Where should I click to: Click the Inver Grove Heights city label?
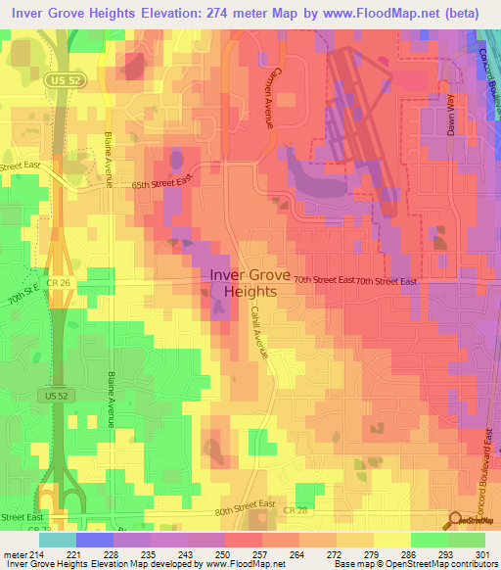click(250, 284)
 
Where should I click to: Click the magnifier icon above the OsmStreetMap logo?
click(455, 521)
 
